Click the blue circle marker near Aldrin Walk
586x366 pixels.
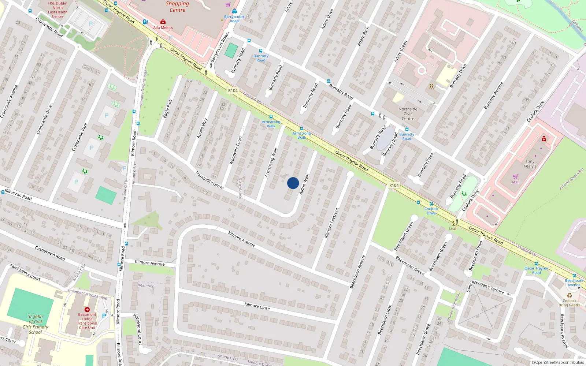(x=293, y=183)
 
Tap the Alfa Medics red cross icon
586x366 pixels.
(x=163, y=22)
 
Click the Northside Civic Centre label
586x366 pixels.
(x=408, y=114)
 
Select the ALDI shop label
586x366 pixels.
(x=515, y=182)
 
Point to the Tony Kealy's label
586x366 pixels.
(x=530, y=164)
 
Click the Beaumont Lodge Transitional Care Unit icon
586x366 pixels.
(x=87, y=310)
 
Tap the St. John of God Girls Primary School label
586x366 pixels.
(x=35, y=324)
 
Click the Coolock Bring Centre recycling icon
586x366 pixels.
(x=570, y=295)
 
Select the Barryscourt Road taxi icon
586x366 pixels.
(x=234, y=11)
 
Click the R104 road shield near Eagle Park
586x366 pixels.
(x=233, y=90)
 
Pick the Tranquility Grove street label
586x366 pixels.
(x=209, y=180)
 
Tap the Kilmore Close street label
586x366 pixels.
(x=257, y=306)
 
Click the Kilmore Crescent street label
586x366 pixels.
(x=332, y=223)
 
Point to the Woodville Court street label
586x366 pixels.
(x=235, y=150)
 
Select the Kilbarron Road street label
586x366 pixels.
(x=18, y=195)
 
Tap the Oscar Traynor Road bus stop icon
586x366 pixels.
(x=536, y=264)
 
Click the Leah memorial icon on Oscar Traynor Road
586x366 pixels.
(x=453, y=223)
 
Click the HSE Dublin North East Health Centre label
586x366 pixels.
(x=58, y=10)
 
